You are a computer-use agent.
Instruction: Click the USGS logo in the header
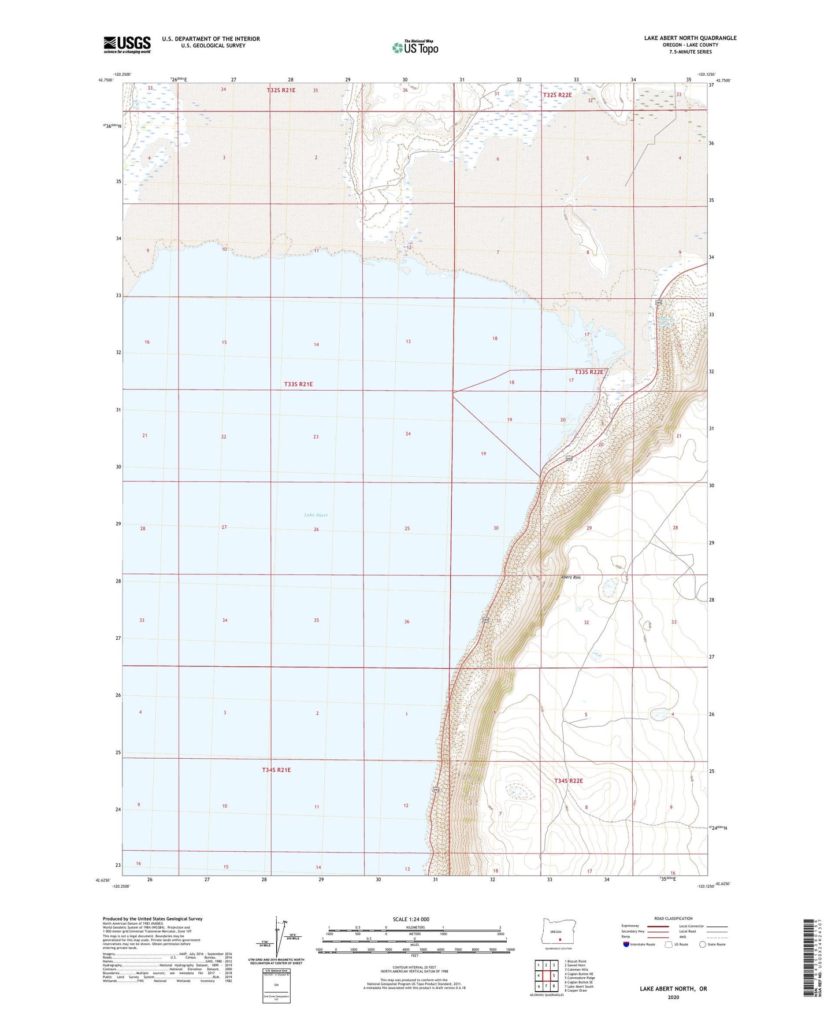click(127, 44)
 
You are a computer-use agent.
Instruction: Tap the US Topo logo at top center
click(414, 47)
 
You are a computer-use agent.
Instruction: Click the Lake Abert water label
click(316, 515)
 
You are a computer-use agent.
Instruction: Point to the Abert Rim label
click(570, 577)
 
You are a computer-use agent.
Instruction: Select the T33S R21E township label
click(298, 384)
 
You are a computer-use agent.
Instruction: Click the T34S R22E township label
click(568, 781)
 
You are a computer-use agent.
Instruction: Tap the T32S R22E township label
click(557, 95)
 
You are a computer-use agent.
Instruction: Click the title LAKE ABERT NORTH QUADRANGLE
click(690, 38)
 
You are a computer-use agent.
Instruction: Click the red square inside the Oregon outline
click(559, 940)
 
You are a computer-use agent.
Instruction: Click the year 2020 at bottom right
click(673, 997)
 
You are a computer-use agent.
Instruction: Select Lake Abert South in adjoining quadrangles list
click(578, 986)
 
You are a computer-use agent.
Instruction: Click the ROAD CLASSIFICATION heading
click(673, 918)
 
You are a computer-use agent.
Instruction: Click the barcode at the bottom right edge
click(810, 959)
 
